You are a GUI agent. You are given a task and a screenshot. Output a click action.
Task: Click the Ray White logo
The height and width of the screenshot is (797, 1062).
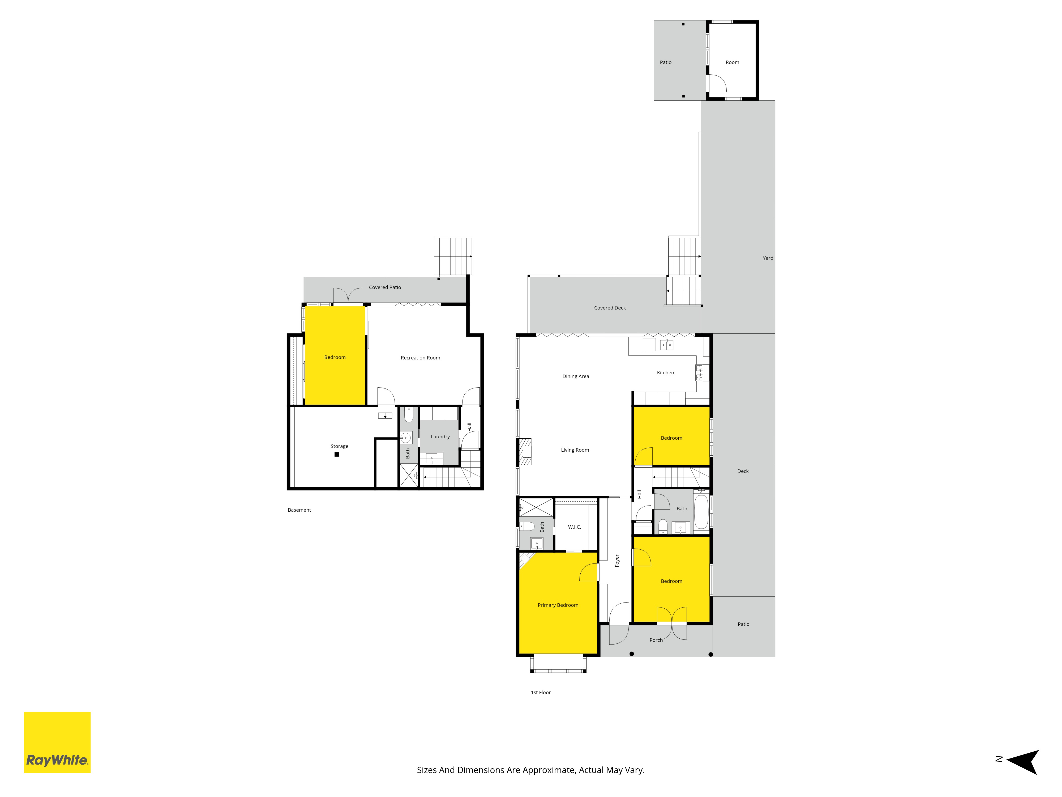coord(57,742)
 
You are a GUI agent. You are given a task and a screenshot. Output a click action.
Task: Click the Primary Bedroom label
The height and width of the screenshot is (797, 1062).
coord(558,605)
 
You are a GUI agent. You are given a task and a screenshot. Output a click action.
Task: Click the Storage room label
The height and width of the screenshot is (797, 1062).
coord(339,446)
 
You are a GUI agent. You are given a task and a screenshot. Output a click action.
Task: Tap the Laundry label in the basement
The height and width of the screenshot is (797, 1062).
coord(440,437)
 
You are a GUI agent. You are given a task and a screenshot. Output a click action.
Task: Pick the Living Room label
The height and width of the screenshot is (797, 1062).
coord(575,450)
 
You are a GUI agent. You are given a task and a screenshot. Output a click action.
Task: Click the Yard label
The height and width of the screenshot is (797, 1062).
coord(768,258)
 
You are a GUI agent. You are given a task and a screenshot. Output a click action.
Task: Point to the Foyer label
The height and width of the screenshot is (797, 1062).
coord(617,561)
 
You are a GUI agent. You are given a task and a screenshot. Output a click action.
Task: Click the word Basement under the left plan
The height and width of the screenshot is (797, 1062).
coord(299,510)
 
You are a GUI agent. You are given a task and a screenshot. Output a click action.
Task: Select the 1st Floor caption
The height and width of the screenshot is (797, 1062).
coord(541,692)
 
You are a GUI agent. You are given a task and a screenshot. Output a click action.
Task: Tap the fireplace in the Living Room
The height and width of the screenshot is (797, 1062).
coord(525,452)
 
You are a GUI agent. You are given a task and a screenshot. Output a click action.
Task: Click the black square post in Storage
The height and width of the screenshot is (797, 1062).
coord(337,455)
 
